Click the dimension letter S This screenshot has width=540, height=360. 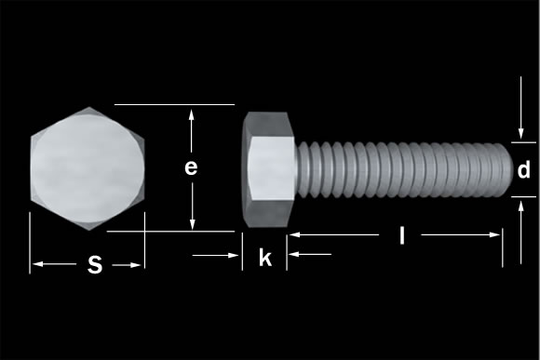coord(94,265)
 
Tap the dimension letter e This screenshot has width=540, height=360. coord(190,167)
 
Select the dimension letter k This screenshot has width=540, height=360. coord(265,259)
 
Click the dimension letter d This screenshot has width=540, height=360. coord(524,170)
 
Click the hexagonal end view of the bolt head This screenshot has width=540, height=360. coord(88,169)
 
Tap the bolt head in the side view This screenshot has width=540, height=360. coord(268,169)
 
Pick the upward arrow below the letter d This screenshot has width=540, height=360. coord(520,206)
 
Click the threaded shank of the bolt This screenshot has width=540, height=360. coord(400,169)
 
